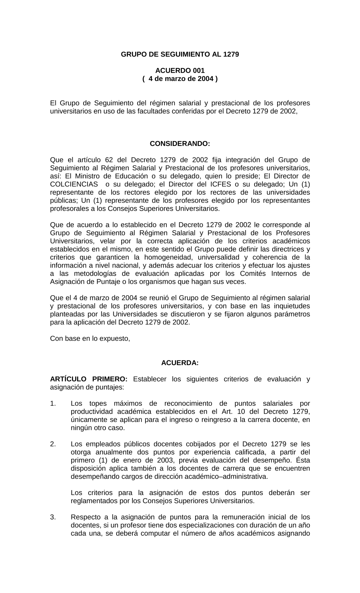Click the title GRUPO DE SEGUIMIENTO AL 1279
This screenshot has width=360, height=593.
(x=180, y=54)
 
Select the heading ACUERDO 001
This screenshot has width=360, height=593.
(x=180, y=71)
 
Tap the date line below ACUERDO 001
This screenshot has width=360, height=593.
(x=180, y=78)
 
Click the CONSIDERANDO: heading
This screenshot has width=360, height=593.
(x=180, y=144)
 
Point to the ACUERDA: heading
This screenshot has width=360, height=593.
(x=180, y=363)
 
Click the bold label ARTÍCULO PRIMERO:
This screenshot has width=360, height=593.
(x=89, y=379)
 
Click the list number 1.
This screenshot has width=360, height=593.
(x=53, y=404)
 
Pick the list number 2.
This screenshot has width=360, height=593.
(x=53, y=444)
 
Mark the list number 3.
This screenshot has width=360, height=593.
(x=53, y=517)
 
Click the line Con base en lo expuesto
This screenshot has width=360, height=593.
(x=90, y=338)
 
